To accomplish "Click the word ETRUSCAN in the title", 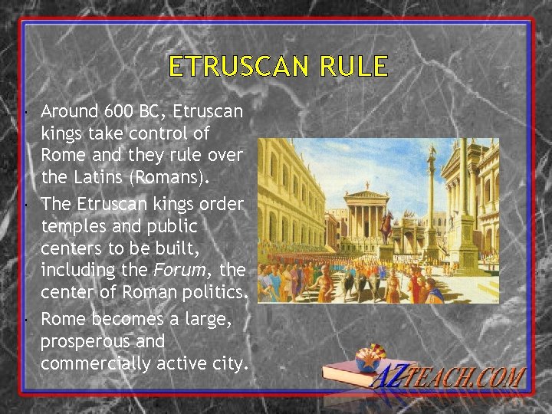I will coord(236,67).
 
